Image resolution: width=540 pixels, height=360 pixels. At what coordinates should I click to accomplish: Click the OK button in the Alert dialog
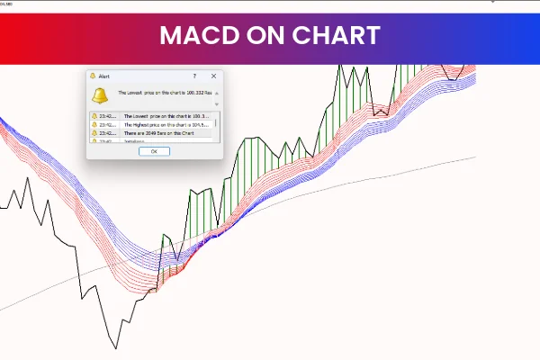(154, 151)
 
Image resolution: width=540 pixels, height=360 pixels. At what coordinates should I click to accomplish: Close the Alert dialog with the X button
(213, 76)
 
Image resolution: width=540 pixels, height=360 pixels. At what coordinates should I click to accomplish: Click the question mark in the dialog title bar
(194, 76)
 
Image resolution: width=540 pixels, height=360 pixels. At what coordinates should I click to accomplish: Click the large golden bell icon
(100, 95)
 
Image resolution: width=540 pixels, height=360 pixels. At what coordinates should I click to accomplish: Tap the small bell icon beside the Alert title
(93, 76)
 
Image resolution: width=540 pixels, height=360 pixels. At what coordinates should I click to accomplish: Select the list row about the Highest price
(166, 124)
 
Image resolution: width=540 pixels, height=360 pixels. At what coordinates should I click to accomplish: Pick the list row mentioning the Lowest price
(166, 116)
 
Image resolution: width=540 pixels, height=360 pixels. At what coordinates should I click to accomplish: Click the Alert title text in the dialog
(103, 76)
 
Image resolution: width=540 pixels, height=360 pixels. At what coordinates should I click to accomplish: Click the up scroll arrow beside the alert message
(216, 94)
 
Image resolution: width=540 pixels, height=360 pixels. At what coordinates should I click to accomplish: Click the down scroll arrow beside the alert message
(216, 104)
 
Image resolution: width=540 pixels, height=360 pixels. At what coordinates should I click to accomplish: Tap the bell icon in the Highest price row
(94, 124)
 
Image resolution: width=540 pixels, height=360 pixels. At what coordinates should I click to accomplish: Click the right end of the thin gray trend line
(474, 158)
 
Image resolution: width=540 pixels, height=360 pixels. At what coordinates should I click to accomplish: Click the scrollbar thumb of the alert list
(215, 122)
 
